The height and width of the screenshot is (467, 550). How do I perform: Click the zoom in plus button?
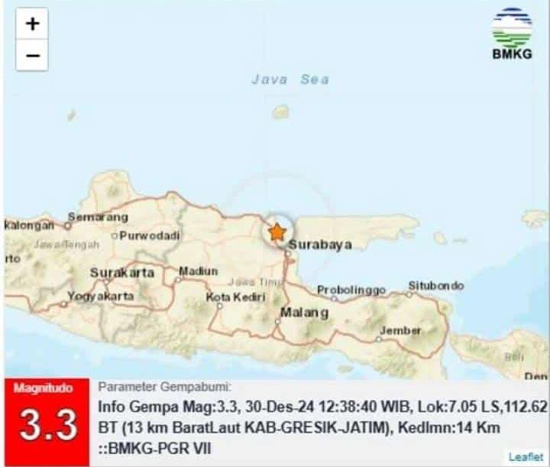(x=32, y=24)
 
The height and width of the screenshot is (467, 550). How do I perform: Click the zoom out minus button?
(x=32, y=56)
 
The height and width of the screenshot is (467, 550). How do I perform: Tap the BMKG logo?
(x=511, y=34)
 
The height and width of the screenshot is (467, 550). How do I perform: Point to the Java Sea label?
(x=290, y=79)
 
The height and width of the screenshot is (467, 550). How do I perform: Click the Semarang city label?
(x=99, y=217)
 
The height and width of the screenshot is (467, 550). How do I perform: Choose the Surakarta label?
(x=122, y=273)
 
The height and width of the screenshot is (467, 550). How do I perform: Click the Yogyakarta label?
(x=101, y=296)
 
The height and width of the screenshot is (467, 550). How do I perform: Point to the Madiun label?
(x=199, y=271)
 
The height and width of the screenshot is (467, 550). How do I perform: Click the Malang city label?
(x=304, y=313)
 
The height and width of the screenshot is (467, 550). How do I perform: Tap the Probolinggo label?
(x=351, y=290)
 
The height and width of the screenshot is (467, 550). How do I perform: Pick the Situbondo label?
(x=435, y=286)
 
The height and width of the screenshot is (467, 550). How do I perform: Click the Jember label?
(x=400, y=331)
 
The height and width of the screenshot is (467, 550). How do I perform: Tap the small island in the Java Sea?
(x=281, y=112)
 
